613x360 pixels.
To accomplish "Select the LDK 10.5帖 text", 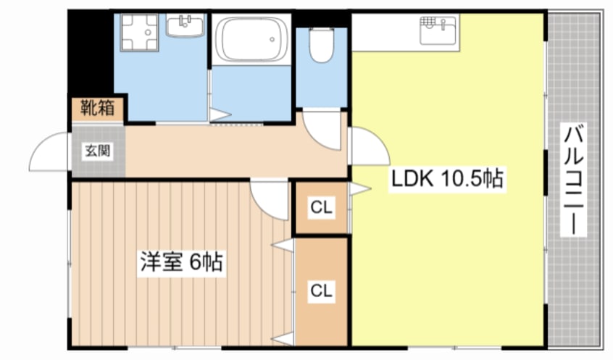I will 447,178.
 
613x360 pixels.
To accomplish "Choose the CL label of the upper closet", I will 321,208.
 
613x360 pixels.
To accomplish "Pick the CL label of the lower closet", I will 321,290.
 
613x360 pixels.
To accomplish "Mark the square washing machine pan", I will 138,33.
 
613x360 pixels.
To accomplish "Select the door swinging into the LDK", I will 367,147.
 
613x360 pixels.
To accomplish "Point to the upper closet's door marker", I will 359,190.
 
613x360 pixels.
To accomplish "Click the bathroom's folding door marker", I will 220,114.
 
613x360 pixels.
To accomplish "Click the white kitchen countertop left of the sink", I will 384,32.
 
